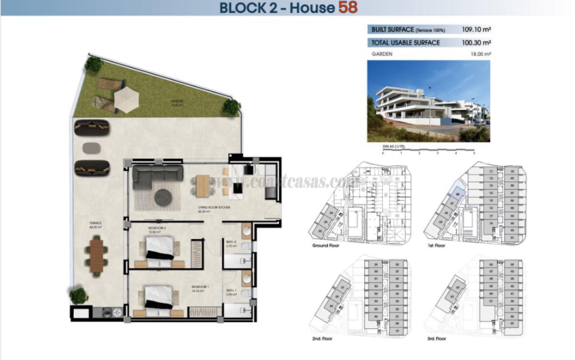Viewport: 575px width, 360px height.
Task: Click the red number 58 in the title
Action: point(347,8)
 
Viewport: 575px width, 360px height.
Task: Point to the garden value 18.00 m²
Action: point(481,54)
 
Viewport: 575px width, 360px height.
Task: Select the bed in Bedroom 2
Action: point(159,251)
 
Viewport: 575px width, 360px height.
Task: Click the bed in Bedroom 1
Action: point(158,298)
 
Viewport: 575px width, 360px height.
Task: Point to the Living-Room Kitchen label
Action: point(214,208)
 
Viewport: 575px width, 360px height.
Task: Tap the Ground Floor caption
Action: point(326,245)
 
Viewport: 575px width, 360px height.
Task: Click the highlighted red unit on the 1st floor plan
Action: point(459,194)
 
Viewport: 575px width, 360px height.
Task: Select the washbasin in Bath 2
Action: point(246,231)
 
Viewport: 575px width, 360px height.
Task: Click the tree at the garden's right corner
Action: point(231,107)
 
